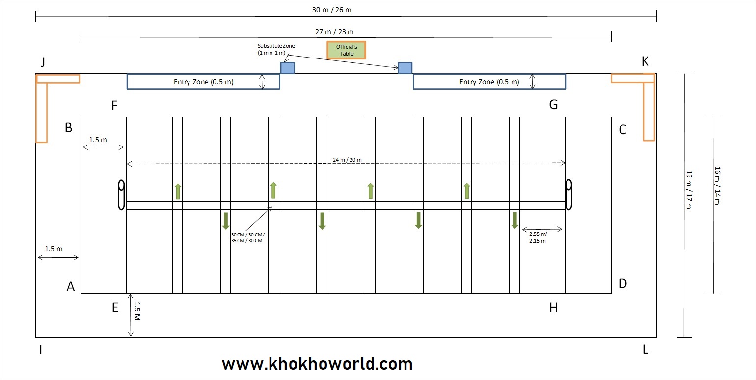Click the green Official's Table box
346,50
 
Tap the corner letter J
43,62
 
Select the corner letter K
645,61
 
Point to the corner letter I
41,350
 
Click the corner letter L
646,350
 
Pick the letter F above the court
114,105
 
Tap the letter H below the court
553,308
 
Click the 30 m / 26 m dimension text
332,9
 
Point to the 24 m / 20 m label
347,159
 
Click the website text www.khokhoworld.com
317,364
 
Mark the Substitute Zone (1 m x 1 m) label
276,49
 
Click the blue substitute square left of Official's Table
287,68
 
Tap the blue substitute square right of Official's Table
405,68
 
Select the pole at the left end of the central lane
121,195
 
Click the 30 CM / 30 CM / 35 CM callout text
248,237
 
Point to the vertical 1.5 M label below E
138,312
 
